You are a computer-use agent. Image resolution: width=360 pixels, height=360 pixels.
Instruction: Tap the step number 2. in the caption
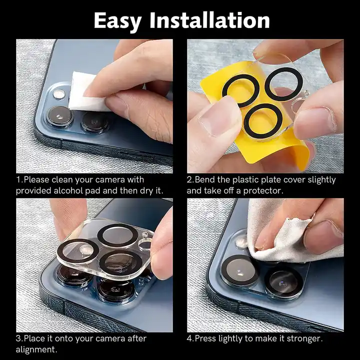190,179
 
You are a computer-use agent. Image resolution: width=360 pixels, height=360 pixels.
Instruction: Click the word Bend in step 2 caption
205,179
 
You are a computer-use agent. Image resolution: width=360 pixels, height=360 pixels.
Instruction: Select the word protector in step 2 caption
263,190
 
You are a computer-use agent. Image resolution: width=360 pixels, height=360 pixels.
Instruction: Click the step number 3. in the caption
19,338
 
